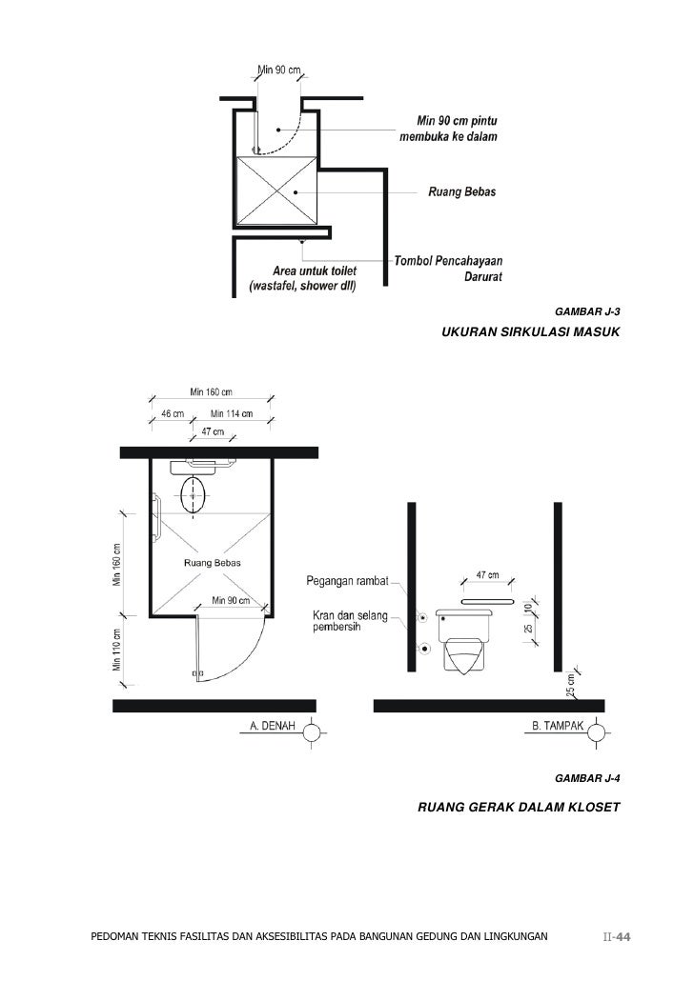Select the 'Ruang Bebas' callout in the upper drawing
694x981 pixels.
(466, 192)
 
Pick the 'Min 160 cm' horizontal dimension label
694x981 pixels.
(211, 391)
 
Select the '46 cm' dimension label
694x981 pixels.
(172, 413)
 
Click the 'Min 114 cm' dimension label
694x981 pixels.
(232, 413)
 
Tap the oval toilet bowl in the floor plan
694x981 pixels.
(194, 495)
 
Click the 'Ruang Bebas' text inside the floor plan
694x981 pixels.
(212, 563)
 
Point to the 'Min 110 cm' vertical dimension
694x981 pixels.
(118, 651)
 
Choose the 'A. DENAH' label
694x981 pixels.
(272, 726)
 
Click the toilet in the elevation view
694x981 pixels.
(463, 639)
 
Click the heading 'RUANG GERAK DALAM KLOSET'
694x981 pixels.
(519, 808)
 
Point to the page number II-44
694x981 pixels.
(618, 937)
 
